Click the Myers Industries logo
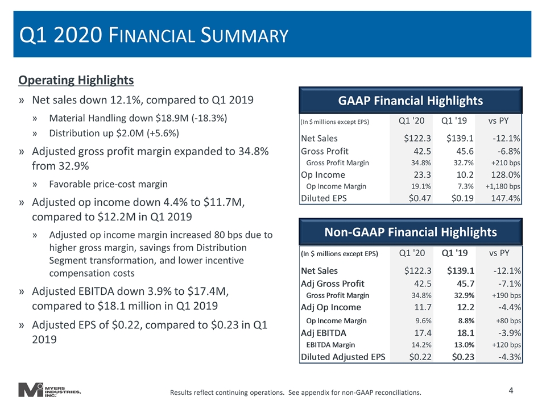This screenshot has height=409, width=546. click(49, 390)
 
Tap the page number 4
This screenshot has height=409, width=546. click(511, 391)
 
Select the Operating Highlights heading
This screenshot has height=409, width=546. click(76, 80)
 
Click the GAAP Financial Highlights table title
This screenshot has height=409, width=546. click(411, 101)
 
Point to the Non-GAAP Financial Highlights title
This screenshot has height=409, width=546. click(411, 232)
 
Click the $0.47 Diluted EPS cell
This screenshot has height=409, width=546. click(420, 198)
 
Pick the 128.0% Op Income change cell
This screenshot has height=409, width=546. click(505, 174)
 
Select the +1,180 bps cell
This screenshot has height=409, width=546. click(503, 186)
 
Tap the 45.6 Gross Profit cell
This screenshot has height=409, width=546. click(465, 151)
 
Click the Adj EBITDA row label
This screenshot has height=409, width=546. click(324, 333)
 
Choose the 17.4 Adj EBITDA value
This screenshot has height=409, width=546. click(423, 333)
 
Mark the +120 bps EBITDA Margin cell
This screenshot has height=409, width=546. click(506, 345)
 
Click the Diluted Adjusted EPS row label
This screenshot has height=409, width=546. click(343, 357)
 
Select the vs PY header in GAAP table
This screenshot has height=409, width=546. click(498, 120)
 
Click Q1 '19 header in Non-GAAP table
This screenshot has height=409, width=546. click(454, 253)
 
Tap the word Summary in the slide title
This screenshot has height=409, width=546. click(245, 35)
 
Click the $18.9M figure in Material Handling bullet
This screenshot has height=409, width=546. click(171, 118)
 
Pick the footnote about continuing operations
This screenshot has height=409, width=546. click(296, 393)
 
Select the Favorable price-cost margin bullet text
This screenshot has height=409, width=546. click(108, 184)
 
